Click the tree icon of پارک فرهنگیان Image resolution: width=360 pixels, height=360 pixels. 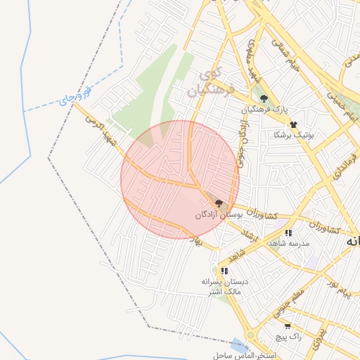pos(264,99)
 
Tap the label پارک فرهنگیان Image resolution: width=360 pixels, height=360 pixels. pos(265,110)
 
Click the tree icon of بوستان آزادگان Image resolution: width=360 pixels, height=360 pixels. pos(219,203)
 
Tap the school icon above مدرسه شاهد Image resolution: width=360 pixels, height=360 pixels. pos(288,233)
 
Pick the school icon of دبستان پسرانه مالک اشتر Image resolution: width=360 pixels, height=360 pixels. pos(224,271)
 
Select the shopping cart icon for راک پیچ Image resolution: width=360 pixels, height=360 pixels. pos(288,326)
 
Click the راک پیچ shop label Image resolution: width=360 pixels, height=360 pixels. pos(288,337)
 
